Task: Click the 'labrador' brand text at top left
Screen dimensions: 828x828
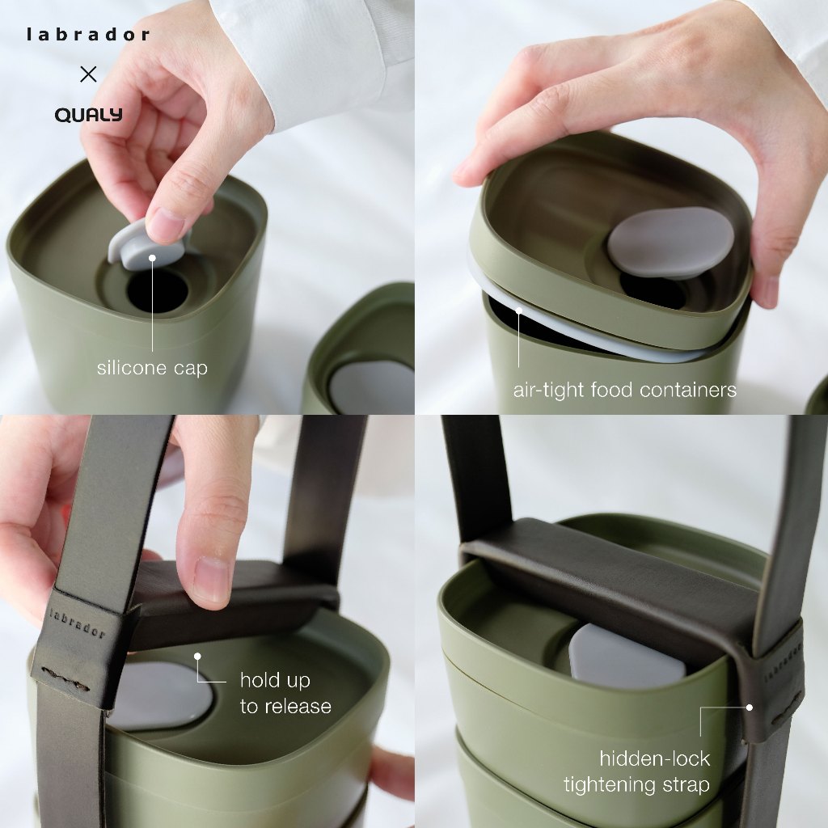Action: [x=88, y=35]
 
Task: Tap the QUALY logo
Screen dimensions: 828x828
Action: [x=89, y=115]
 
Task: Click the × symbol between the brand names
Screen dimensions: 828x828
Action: [x=88, y=74]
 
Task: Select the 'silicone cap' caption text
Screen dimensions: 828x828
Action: [x=152, y=368]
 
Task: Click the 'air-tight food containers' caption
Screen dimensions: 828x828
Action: [x=625, y=391]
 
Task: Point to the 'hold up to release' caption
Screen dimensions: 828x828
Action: [x=285, y=693]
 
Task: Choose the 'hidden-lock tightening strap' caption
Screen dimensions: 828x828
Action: [x=637, y=771]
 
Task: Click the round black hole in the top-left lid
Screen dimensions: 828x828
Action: [x=158, y=291]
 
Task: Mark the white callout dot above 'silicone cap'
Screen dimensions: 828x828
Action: [x=152, y=258]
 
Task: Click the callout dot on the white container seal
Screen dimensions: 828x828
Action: [x=519, y=310]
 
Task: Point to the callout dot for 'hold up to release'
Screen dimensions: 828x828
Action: [x=197, y=657]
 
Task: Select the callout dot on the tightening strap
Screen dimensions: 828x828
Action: [x=749, y=707]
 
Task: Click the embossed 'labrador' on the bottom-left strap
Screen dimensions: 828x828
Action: [x=77, y=623]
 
